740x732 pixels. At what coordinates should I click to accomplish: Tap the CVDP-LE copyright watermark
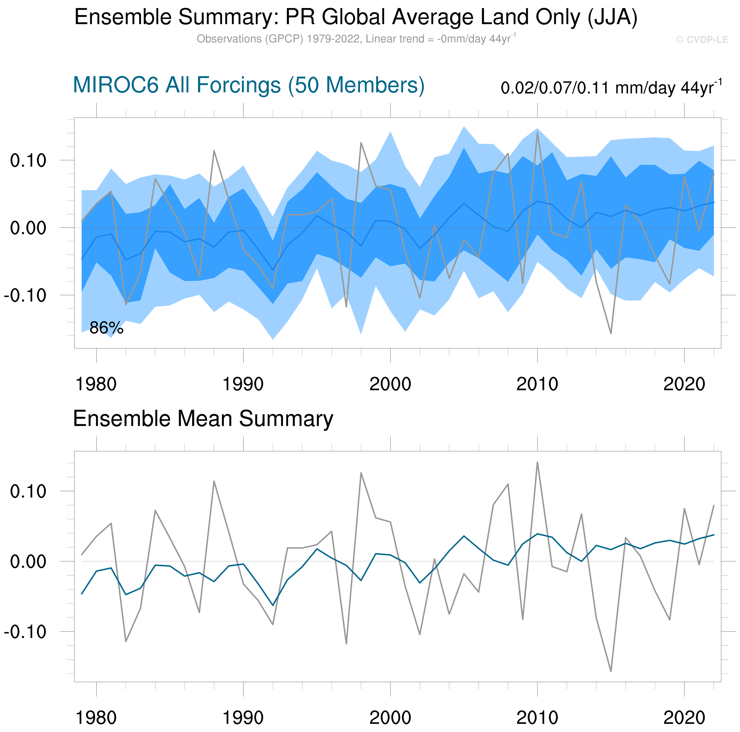702,40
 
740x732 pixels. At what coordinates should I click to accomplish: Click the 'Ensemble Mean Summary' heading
203,419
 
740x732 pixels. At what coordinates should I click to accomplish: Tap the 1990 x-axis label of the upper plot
243,384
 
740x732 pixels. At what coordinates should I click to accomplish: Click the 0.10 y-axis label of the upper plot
28,161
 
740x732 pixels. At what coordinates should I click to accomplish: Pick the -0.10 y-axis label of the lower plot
25,632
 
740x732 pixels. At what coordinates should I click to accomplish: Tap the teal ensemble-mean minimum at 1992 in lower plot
273,605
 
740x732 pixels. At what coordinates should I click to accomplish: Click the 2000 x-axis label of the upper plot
390,384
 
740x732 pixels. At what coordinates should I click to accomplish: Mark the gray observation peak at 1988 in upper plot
214,151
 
